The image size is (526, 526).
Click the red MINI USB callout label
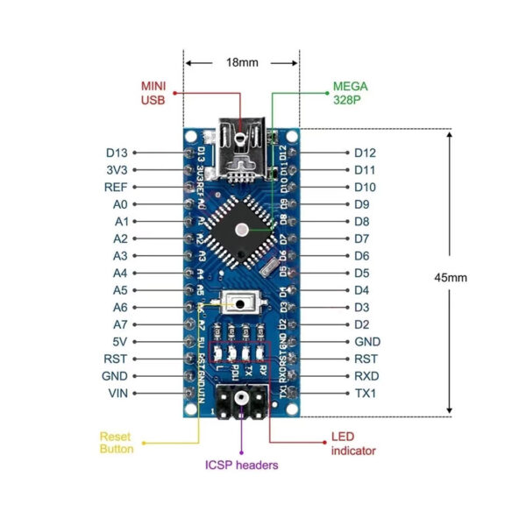coord(153,93)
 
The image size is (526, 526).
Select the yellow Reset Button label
coord(116,443)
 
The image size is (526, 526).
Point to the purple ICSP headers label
coord(241,465)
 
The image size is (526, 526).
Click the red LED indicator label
coord(352,444)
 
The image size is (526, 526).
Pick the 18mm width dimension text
coord(241,63)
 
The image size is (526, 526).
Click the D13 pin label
coord(117,153)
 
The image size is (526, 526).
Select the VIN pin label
coord(118,394)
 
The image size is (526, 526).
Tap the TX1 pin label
coord(366,394)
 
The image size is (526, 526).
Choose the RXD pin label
coord(366,376)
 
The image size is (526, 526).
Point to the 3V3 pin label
coord(117,170)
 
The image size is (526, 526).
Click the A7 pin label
coord(120,324)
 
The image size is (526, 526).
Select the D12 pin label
coord(366,153)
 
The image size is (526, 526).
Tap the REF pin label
coord(117,187)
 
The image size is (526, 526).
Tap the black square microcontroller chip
coord(241,230)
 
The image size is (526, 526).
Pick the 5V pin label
coord(120,342)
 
